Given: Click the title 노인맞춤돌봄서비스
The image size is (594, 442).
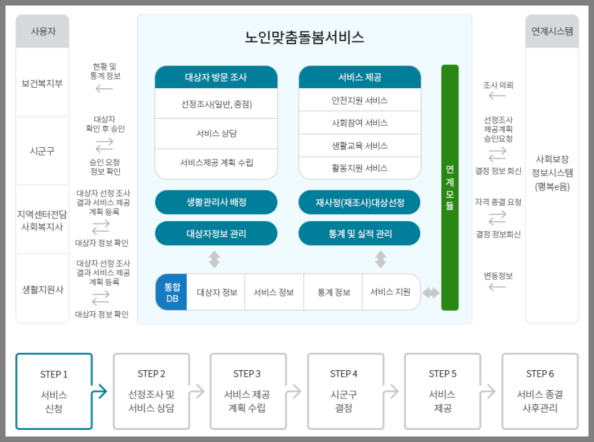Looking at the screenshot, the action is tap(304, 38).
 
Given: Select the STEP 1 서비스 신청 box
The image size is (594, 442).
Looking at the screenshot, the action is tap(53, 391).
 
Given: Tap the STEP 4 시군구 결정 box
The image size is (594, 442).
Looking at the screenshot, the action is tap(344, 391).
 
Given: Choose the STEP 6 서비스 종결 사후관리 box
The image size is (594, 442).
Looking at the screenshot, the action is tap(539, 391).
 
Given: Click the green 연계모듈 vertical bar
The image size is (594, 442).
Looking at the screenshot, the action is tap(449, 187).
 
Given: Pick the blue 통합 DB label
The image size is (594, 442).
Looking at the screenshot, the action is tap(172, 292).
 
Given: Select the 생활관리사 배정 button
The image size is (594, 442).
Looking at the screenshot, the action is tap(216, 203).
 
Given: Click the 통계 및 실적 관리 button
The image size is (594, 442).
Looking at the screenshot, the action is tap(360, 233).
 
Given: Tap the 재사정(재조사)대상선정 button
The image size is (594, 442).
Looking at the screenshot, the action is tap(360, 203).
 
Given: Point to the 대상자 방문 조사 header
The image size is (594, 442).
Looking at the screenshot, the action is tap(216, 77).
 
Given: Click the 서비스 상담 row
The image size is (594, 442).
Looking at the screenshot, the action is tap(216, 134).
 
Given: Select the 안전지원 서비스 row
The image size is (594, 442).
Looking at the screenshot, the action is tap(360, 100).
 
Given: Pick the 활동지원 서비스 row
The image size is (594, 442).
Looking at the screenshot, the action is tap(360, 168).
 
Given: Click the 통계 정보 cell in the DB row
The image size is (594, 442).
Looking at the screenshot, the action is tap(334, 292).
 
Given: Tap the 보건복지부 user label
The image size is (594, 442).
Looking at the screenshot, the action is tap(42, 83).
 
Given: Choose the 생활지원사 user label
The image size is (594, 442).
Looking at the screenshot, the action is tap(42, 289).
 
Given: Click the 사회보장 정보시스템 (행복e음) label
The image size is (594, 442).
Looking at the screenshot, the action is tap(552, 172).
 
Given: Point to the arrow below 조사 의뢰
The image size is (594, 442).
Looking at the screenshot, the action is tap(497, 96).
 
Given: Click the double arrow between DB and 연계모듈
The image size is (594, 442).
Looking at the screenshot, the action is tap(431, 292).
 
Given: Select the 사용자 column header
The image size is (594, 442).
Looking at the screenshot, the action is tap(42, 31).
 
